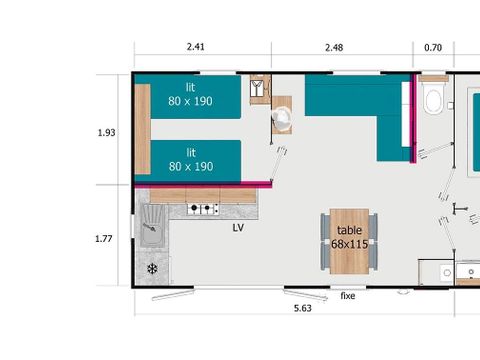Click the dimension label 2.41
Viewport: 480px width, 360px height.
click(x=196, y=45)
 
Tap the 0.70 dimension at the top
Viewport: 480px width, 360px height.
click(x=432, y=45)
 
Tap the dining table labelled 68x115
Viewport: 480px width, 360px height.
click(x=348, y=239)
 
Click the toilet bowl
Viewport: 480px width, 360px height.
click(x=434, y=100)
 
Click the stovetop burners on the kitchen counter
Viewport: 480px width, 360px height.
click(x=204, y=209)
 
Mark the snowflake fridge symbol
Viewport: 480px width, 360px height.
click(x=152, y=270)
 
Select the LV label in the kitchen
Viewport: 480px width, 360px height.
click(x=238, y=228)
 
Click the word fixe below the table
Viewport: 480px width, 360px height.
click(x=348, y=296)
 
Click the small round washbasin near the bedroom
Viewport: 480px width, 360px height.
click(x=283, y=119)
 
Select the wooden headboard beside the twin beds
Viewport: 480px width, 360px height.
click(x=142, y=128)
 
